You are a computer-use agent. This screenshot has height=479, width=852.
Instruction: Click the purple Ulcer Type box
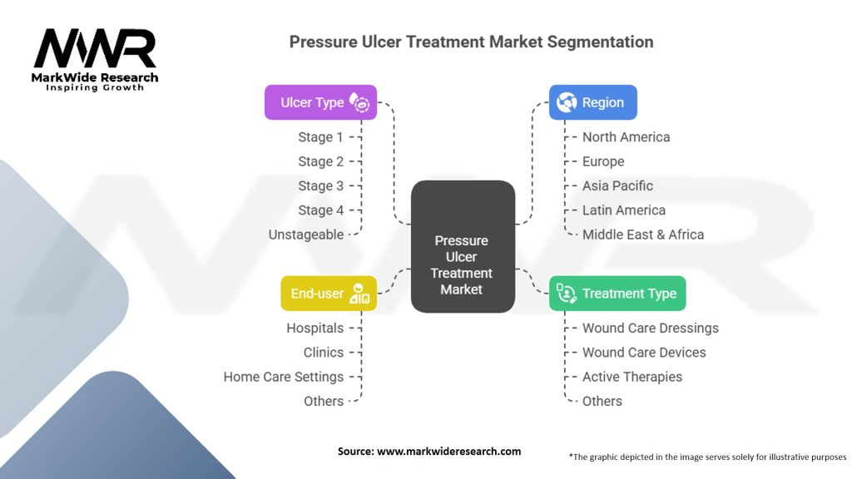(320, 102)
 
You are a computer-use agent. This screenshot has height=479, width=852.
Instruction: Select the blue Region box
(592, 102)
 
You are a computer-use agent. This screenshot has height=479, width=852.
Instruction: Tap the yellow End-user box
(329, 294)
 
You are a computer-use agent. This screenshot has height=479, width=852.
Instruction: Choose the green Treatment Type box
(617, 294)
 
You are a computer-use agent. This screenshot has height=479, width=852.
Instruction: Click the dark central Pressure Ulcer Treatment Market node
(463, 246)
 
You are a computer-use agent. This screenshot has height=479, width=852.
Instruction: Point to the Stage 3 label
(320, 185)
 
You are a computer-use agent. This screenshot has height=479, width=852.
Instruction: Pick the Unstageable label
(306, 235)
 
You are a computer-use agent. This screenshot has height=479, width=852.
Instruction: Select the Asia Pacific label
(617, 185)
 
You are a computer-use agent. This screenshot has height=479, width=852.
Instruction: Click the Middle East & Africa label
(643, 235)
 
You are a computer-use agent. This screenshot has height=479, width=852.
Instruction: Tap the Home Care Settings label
(283, 377)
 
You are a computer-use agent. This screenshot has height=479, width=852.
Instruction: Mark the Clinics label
(324, 353)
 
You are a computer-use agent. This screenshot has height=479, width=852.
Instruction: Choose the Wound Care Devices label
(644, 353)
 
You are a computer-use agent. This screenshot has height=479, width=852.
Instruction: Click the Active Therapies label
(632, 377)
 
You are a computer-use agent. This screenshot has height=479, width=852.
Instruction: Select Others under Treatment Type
(602, 402)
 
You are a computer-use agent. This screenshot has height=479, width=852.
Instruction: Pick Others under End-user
(324, 402)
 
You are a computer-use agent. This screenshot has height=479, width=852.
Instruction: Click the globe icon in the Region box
(566, 102)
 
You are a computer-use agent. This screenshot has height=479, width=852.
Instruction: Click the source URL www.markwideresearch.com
(448, 452)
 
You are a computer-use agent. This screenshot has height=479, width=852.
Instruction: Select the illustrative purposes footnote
(707, 457)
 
